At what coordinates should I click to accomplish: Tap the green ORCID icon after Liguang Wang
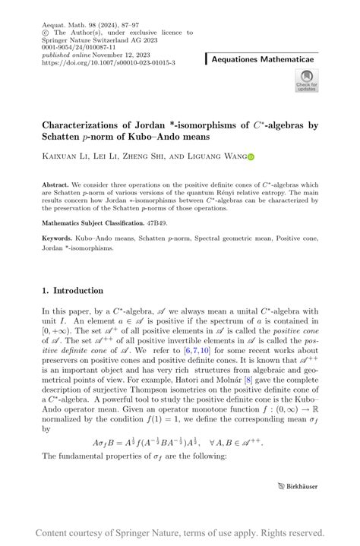pyautogui.click(x=251, y=156)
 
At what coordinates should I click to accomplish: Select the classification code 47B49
pyautogui.click(x=157, y=224)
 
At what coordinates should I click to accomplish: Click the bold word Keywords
pyautogui.click(x=58, y=240)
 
